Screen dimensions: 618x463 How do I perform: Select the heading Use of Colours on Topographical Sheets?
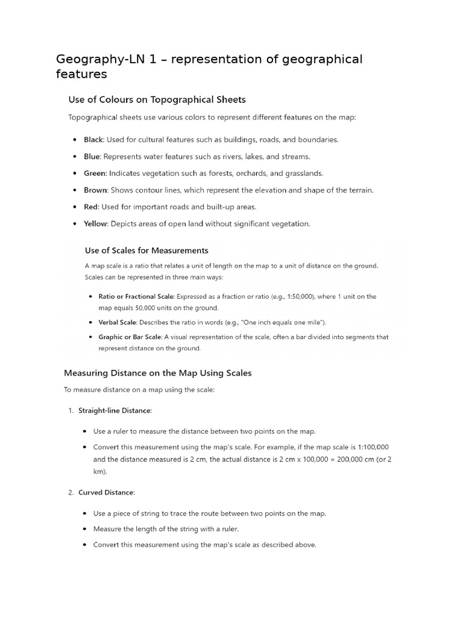pos(157,99)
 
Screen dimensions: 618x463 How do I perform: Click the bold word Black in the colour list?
pos(93,139)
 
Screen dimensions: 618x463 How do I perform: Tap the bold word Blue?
pos(92,156)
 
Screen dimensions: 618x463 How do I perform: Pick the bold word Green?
pos(95,173)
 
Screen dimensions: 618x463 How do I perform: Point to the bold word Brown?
pos(95,190)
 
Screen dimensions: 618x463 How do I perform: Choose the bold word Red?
pos(90,206)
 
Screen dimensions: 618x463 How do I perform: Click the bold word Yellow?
pos(96,223)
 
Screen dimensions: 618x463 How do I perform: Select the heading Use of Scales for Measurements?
pos(146,250)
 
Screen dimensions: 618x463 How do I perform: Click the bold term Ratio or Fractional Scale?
pos(136,296)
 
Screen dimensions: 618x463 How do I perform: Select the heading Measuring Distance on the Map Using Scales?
pos(157,373)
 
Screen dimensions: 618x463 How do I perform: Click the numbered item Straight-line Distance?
pos(115,410)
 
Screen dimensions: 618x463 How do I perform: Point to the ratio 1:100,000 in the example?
pos(370,447)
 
